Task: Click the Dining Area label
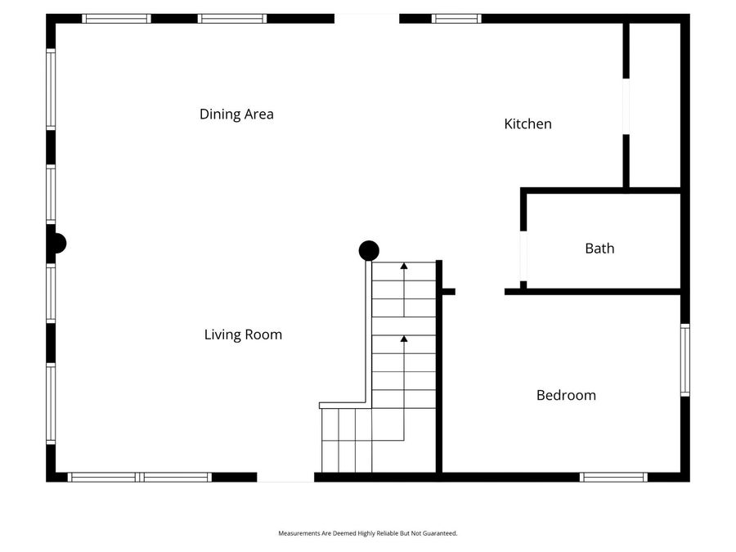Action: (236, 114)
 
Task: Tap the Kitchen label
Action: (527, 124)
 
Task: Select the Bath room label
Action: (599, 249)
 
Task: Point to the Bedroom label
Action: (566, 396)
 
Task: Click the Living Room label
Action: (243, 334)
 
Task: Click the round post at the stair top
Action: (369, 250)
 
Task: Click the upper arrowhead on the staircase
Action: (404, 266)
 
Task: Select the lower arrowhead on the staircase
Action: (404, 338)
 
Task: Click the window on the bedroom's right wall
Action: (685, 360)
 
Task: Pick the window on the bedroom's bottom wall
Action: (613, 477)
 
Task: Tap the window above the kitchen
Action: (456, 18)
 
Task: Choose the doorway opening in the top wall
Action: (366, 18)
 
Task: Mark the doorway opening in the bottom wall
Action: (285, 477)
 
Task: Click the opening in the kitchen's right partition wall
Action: (626, 106)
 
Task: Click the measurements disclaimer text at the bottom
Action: (368, 533)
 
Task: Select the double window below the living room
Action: (140, 477)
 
